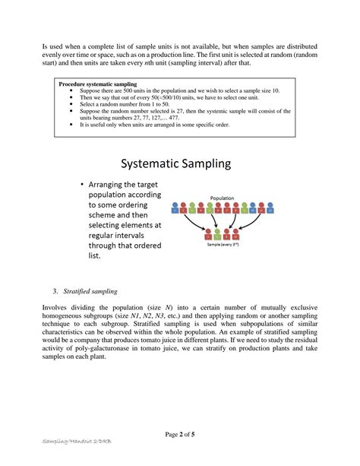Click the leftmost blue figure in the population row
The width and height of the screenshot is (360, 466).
[176, 207]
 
